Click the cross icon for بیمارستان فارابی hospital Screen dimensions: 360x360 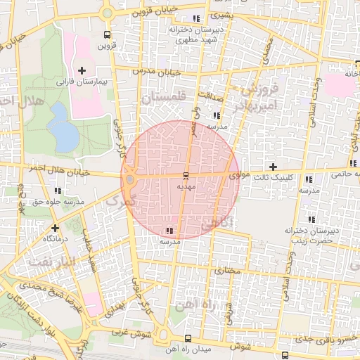82,70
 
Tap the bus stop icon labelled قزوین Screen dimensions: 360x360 106,34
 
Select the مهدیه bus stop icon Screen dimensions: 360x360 186,175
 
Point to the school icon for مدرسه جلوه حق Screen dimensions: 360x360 58,190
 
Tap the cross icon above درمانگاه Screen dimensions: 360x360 55,228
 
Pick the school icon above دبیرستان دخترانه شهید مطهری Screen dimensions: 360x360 195,19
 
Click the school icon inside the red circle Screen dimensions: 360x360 169,230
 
